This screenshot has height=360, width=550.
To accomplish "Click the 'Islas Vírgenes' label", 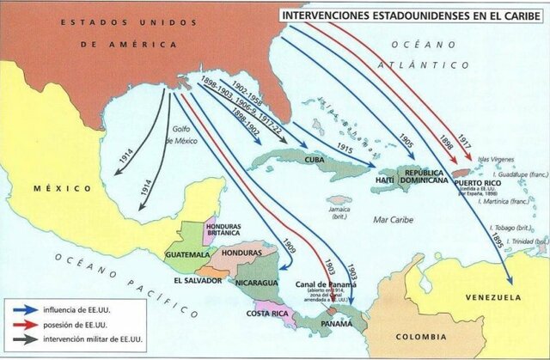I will (x=492, y=158).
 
